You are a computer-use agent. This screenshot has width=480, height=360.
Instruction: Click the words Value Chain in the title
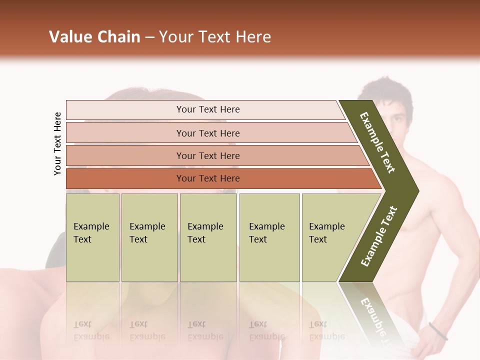(x=94, y=37)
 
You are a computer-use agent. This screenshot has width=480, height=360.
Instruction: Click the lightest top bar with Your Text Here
(x=207, y=109)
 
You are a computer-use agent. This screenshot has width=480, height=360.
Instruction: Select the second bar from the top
(x=207, y=133)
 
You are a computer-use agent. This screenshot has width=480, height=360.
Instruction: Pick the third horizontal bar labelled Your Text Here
(x=207, y=155)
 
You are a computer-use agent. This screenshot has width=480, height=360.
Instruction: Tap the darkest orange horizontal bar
(x=207, y=178)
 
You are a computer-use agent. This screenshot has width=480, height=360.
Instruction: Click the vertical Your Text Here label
(x=57, y=143)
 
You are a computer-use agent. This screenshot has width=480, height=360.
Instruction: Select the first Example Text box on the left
(x=92, y=237)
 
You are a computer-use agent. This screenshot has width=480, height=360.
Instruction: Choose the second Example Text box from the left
(x=149, y=237)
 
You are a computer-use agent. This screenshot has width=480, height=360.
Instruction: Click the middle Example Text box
(x=208, y=237)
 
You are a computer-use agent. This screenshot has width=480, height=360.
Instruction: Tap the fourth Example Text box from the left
(x=269, y=237)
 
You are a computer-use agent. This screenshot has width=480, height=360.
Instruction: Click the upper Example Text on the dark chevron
(x=377, y=142)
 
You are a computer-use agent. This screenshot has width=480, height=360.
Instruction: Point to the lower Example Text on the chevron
(x=379, y=236)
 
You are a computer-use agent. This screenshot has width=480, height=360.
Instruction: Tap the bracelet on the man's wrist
(x=438, y=331)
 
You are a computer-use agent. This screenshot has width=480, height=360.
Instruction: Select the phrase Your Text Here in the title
(x=215, y=37)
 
